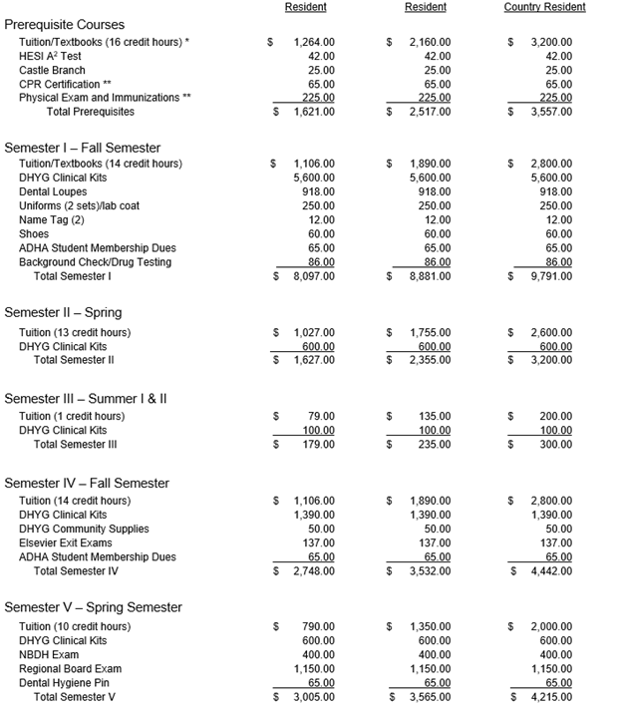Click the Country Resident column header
[544, 7]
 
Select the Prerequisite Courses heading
[73, 24]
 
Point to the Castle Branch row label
[52, 71]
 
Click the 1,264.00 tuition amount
[315, 43]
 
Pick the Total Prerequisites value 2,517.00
[431, 112]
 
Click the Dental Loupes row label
[55, 191]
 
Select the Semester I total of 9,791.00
[551, 276]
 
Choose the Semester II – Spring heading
[63, 312]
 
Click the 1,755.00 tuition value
[431, 332]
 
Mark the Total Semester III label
[76, 444]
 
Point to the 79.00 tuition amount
[320, 416]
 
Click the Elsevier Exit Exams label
[66, 542]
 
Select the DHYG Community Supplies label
[84, 529]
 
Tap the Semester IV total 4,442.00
[551, 571]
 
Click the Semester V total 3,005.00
[314, 697]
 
